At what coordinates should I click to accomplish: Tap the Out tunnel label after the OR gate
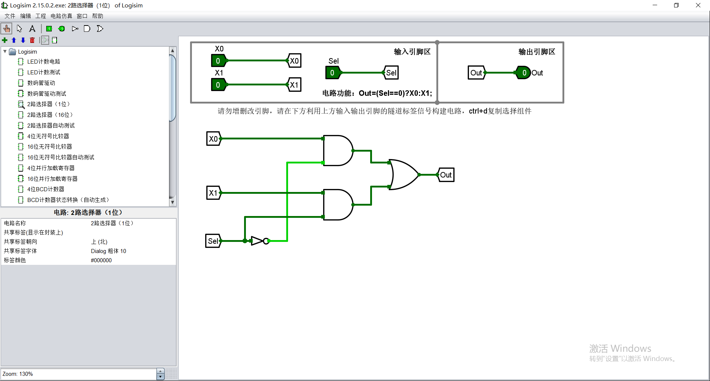[x=446, y=175]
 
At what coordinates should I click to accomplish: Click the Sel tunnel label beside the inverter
[x=213, y=241]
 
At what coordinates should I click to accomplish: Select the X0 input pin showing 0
[x=218, y=61]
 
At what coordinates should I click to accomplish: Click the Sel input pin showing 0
[x=332, y=73]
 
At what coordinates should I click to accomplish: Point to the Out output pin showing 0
[x=524, y=73]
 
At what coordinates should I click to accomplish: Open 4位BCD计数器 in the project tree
[x=46, y=189]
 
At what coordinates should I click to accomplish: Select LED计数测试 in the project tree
[x=44, y=73]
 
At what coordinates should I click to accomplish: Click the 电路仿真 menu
[x=61, y=16]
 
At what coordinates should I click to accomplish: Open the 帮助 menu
[x=98, y=16]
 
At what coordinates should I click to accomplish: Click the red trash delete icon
[x=32, y=40]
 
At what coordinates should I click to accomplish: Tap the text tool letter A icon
[x=32, y=28]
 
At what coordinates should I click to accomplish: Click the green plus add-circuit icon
[x=5, y=40]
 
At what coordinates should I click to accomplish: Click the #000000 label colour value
[x=101, y=260]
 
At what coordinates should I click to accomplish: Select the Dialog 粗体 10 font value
[x=108, y=251]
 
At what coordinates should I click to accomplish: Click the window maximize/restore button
[x=676, y=5]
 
